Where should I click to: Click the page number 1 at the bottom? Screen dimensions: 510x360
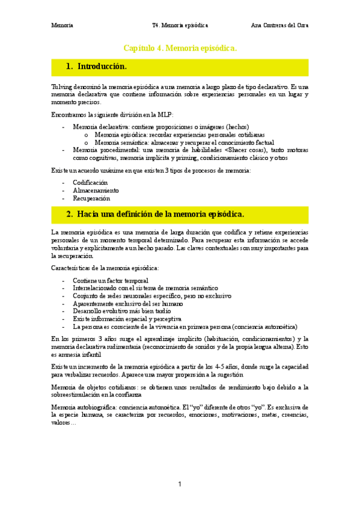pyautogui.click(x=180, y=484)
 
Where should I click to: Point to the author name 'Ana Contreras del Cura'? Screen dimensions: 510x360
pyautogui.click(x=279, y=25)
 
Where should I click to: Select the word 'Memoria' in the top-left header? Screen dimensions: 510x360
pyautogui.click(x=63, y=25)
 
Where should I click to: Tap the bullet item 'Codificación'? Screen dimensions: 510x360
pyautogui.click(x=90, y=182)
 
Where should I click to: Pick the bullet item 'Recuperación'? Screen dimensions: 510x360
pyautogui.click(x=91, y=197)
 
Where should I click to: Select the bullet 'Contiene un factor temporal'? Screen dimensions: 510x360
pyautogui.click(x=110, y=280)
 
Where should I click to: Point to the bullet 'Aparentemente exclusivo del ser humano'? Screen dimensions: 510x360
pyautogui.click(x=127, y=304)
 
